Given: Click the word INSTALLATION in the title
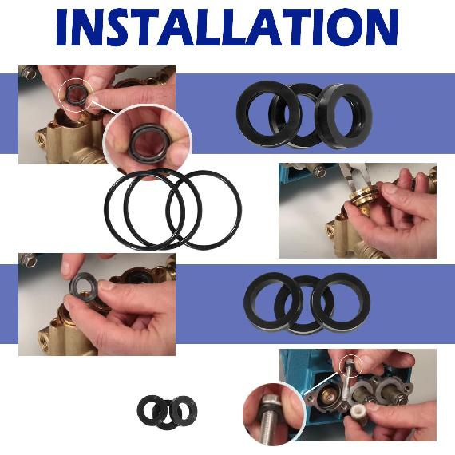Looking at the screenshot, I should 227,29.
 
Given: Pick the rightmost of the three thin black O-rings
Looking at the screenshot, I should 204,210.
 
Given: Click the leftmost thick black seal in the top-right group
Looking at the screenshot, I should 267,113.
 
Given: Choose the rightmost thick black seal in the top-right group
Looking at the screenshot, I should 342,115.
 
